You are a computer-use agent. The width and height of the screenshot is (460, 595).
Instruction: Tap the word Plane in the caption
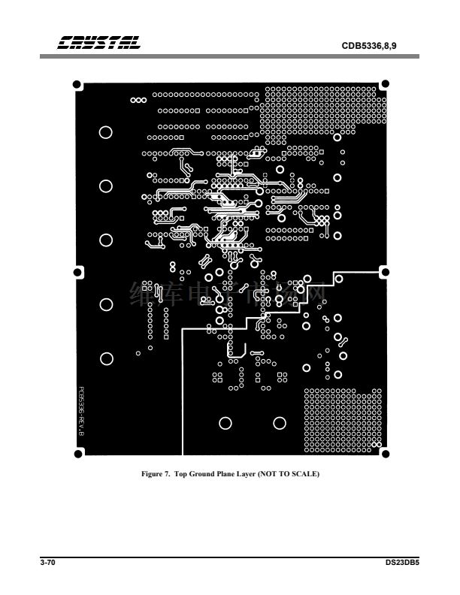(x=238, y=475)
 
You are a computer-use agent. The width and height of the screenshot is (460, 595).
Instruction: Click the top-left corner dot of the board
(x=77, y=84)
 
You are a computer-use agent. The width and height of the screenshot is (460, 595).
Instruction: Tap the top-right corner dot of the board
(x=386, y=83)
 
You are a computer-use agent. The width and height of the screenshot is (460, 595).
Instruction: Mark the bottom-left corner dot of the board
(x=77, y=453)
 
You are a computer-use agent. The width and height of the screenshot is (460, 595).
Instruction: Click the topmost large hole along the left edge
(x=106, y=132)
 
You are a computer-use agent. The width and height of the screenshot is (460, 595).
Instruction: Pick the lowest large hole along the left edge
(x=106, y=359)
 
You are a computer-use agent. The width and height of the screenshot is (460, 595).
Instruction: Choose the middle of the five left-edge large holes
(x=106, y=240)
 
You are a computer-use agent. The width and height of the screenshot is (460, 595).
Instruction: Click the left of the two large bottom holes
(x=225, y=424)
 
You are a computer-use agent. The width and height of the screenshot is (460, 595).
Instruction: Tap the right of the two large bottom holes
(x=280, y=424)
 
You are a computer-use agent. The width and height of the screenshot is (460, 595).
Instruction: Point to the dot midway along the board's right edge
(x=386, y=271)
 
